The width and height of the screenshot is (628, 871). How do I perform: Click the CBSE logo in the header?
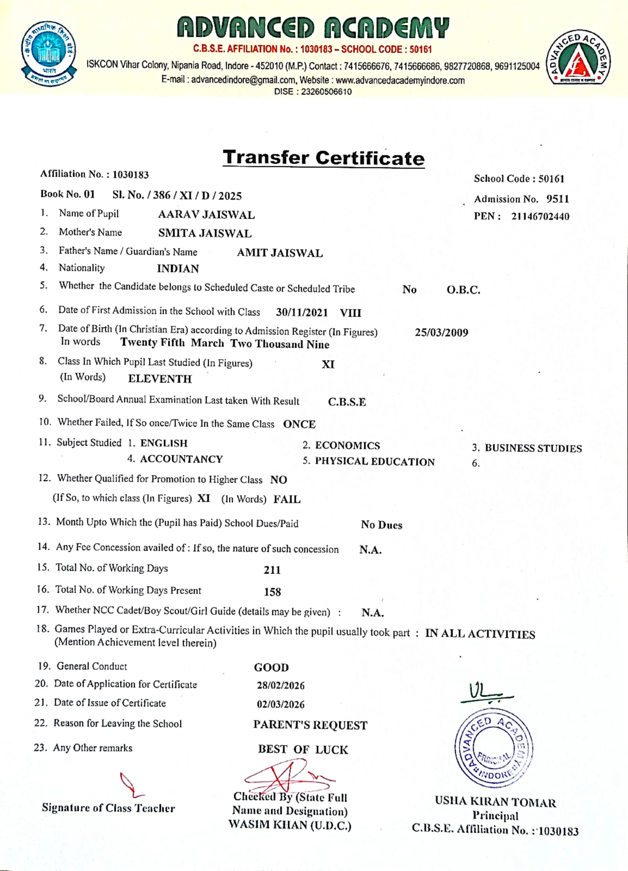49,54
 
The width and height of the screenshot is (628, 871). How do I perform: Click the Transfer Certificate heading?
324,158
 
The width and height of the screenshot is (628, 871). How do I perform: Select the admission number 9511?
557,199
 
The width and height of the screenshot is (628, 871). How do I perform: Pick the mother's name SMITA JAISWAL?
205,233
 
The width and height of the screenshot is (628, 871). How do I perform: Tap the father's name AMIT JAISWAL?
279,253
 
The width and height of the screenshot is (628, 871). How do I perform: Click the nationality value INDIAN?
178,268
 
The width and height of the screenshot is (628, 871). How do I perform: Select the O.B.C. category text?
463,290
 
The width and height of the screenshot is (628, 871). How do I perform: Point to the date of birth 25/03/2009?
441,332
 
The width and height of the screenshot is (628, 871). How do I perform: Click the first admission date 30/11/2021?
302,312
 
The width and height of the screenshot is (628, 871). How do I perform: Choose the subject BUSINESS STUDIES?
533,448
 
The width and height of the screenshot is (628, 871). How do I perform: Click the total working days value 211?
272,570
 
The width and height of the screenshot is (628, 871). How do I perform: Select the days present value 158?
272,592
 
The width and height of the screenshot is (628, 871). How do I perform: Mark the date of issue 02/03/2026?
281,704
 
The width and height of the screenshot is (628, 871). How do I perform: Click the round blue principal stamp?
493,748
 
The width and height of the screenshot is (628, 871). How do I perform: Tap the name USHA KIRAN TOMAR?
495,802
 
